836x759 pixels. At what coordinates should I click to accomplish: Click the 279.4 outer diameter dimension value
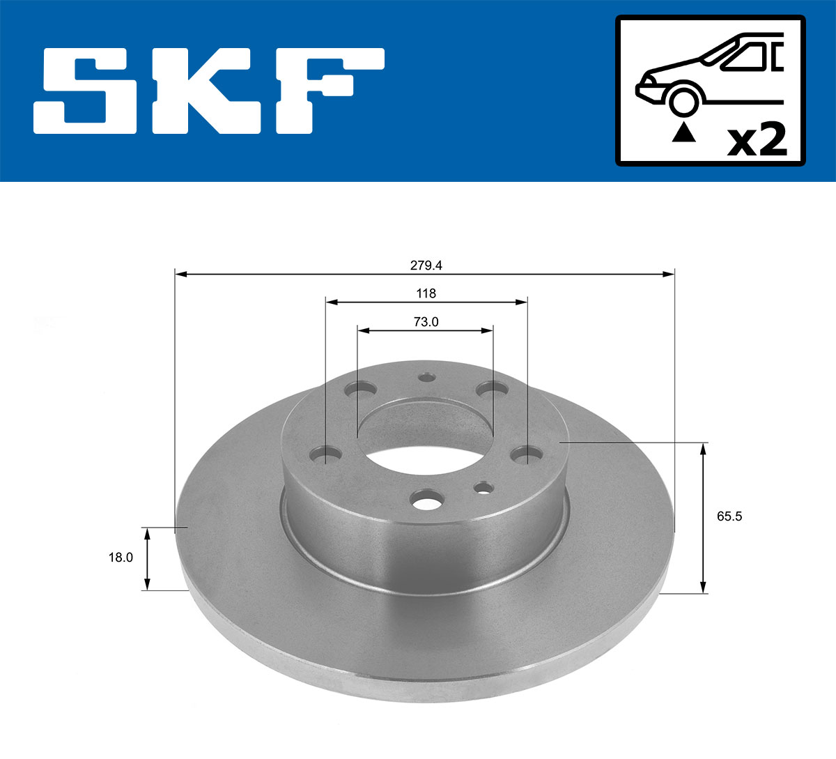426,266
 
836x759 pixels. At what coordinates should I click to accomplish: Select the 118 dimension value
426,293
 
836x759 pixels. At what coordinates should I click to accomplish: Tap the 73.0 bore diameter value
426,321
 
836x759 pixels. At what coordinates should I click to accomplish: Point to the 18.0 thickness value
121,558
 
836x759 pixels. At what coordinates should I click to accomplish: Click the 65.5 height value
729,516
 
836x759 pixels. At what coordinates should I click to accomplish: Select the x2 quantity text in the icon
757,140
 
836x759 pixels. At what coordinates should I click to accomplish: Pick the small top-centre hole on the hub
426,377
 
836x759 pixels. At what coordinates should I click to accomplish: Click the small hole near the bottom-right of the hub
483,489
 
